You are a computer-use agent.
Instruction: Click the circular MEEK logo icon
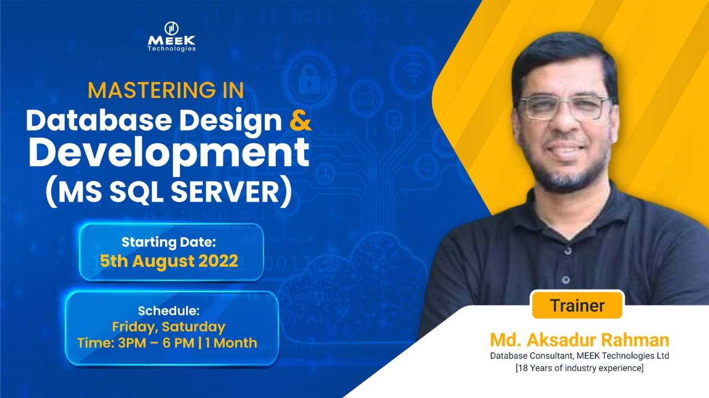pos(172,28)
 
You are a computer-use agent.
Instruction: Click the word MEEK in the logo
pos(172,40)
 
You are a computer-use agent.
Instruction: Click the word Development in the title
pos(169,153)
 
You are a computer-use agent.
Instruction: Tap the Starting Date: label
pos(169,242)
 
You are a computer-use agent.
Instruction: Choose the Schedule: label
pos(169,311)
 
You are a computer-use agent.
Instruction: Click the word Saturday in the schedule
pos(193,327)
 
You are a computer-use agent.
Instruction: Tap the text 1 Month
pos(231,343)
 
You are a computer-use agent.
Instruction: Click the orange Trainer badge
pos(577,306)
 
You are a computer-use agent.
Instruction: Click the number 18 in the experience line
pos(523,368)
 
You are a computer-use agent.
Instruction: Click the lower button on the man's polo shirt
pos(566,280)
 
